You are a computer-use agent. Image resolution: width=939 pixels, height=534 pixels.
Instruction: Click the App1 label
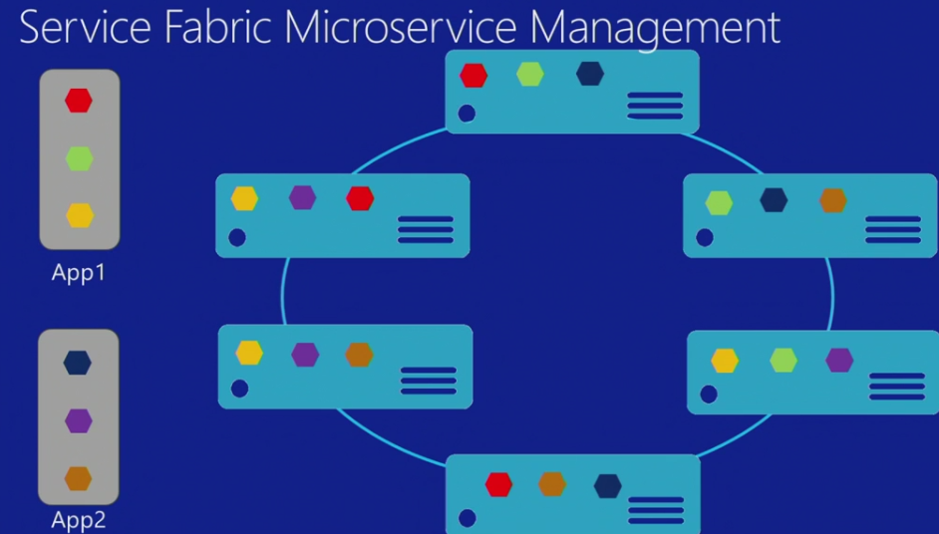(x=79, y=272)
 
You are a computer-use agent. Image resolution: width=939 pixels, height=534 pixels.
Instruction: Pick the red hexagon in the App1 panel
(x=79, y=100)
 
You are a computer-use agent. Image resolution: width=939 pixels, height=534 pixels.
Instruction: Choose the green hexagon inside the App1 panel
(x=79, y=157)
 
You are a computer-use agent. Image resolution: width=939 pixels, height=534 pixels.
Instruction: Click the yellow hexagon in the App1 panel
(x=79, y=215)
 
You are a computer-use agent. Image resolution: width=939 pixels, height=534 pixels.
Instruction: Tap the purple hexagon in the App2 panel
(x=79, y=420)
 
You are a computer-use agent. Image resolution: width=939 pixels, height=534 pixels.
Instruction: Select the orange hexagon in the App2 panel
(x=79, y=478)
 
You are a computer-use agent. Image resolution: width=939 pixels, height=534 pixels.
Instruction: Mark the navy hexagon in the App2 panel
(x=78, y=363)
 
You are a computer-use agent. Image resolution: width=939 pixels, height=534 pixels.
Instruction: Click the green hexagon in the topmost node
(x=530, y=74)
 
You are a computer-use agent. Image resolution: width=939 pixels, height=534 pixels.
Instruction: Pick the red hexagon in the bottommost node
(x=498, y=485)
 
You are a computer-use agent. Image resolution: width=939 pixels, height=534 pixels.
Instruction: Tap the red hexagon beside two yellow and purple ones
(x=360, y=198)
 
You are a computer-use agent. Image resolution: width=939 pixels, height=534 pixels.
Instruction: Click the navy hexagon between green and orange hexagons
(x=774, y=200)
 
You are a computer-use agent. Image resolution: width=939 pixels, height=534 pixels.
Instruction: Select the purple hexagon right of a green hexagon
(x=839, y=360)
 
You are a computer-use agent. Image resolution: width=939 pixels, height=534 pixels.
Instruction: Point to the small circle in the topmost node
(x=467, y=114)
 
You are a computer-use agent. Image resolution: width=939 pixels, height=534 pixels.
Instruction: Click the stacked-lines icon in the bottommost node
(x=656, y=509)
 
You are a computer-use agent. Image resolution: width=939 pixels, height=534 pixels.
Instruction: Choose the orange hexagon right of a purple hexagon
(x=359, y=355)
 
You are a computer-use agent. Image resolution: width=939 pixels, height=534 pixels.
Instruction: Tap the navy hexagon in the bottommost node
(x=608, y=486)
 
